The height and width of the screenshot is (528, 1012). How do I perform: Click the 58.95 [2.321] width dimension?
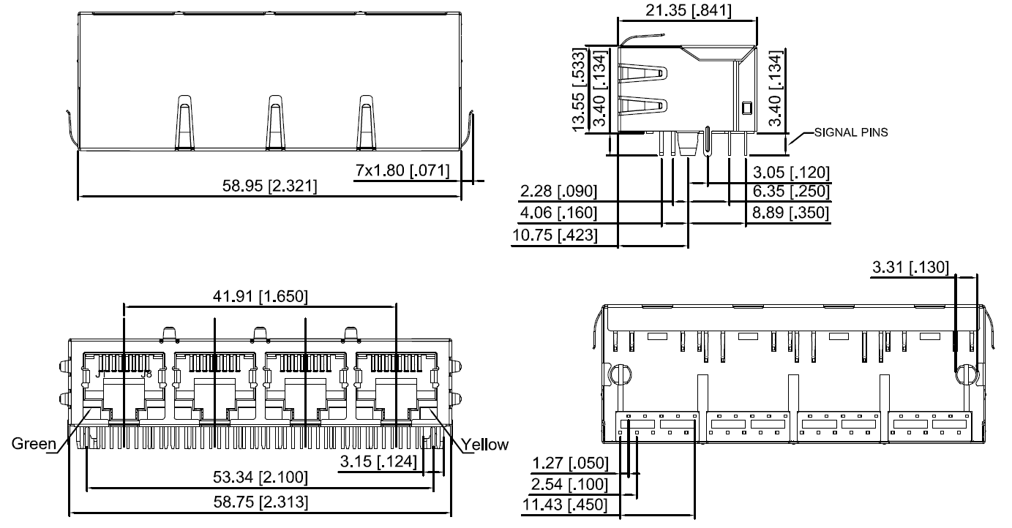(x=269, y=186)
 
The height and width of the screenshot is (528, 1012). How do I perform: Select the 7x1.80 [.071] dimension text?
(x=402, y=170)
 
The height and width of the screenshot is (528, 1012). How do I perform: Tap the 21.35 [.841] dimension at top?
(x=688, y=10)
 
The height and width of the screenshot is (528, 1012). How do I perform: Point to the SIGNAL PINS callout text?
(x=851, y=133)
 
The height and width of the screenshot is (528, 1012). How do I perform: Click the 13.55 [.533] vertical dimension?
(x=580, y=91)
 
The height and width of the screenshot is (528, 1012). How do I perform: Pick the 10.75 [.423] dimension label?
(x=553, y=235)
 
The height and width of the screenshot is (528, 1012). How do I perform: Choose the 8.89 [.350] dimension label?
(x=792, y=213)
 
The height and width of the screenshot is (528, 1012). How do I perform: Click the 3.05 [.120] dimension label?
(x=792, y=173)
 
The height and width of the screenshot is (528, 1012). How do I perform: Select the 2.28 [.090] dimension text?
(x=558, y=192)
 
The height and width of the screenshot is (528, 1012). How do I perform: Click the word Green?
(x=33, y=445)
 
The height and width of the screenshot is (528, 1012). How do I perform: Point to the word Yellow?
(x=484, y=445)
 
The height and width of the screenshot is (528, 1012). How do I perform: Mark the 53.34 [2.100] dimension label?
(x=261, y=478)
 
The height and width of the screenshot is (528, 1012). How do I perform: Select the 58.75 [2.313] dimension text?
(x=261, y=502)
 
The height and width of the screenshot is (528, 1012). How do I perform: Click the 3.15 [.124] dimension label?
(x=378, y=461)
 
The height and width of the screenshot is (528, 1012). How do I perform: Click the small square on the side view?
(x=746, y=108)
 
